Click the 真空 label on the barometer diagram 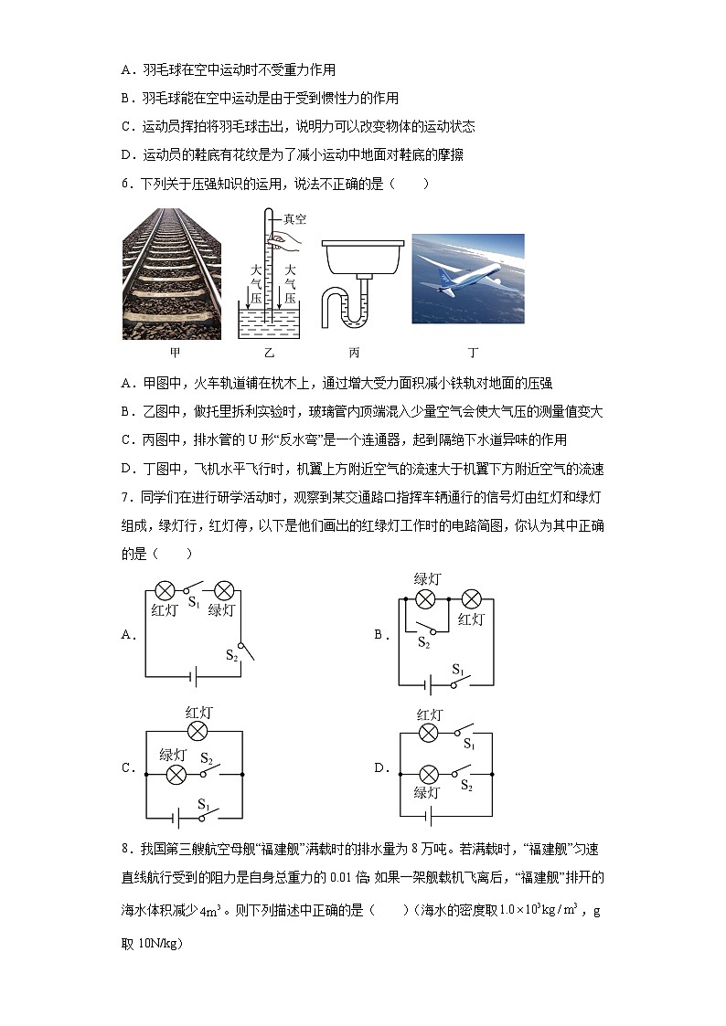[x=294, y=219]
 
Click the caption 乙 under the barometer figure [x=269, y=352]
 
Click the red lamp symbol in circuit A [x=165, y=589]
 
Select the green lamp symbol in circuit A [x=221, y=589]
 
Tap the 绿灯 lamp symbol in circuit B [x=424, y=599]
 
